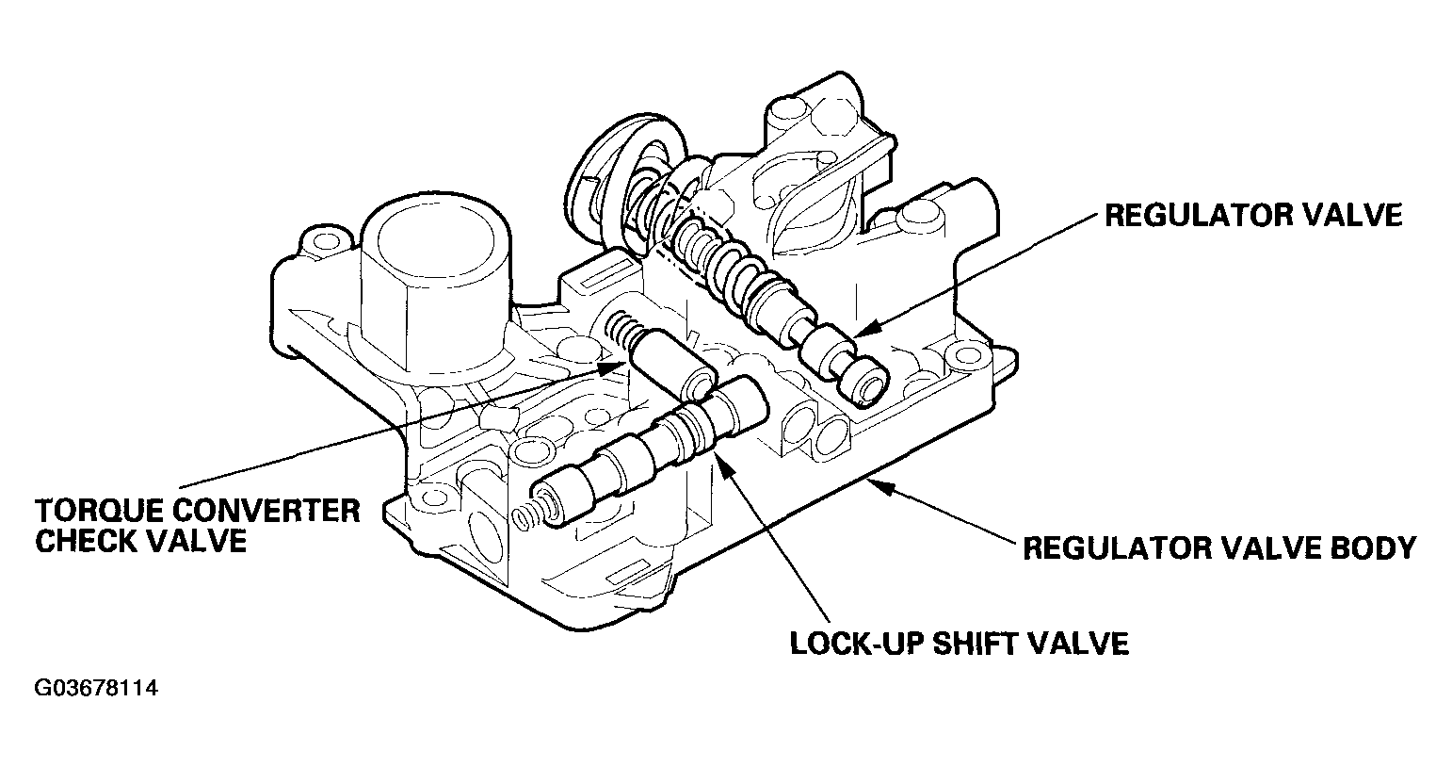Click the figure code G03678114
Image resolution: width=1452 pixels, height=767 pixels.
(x=96, y=688)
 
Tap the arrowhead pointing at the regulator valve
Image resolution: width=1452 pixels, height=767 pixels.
(x=865, y=329)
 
